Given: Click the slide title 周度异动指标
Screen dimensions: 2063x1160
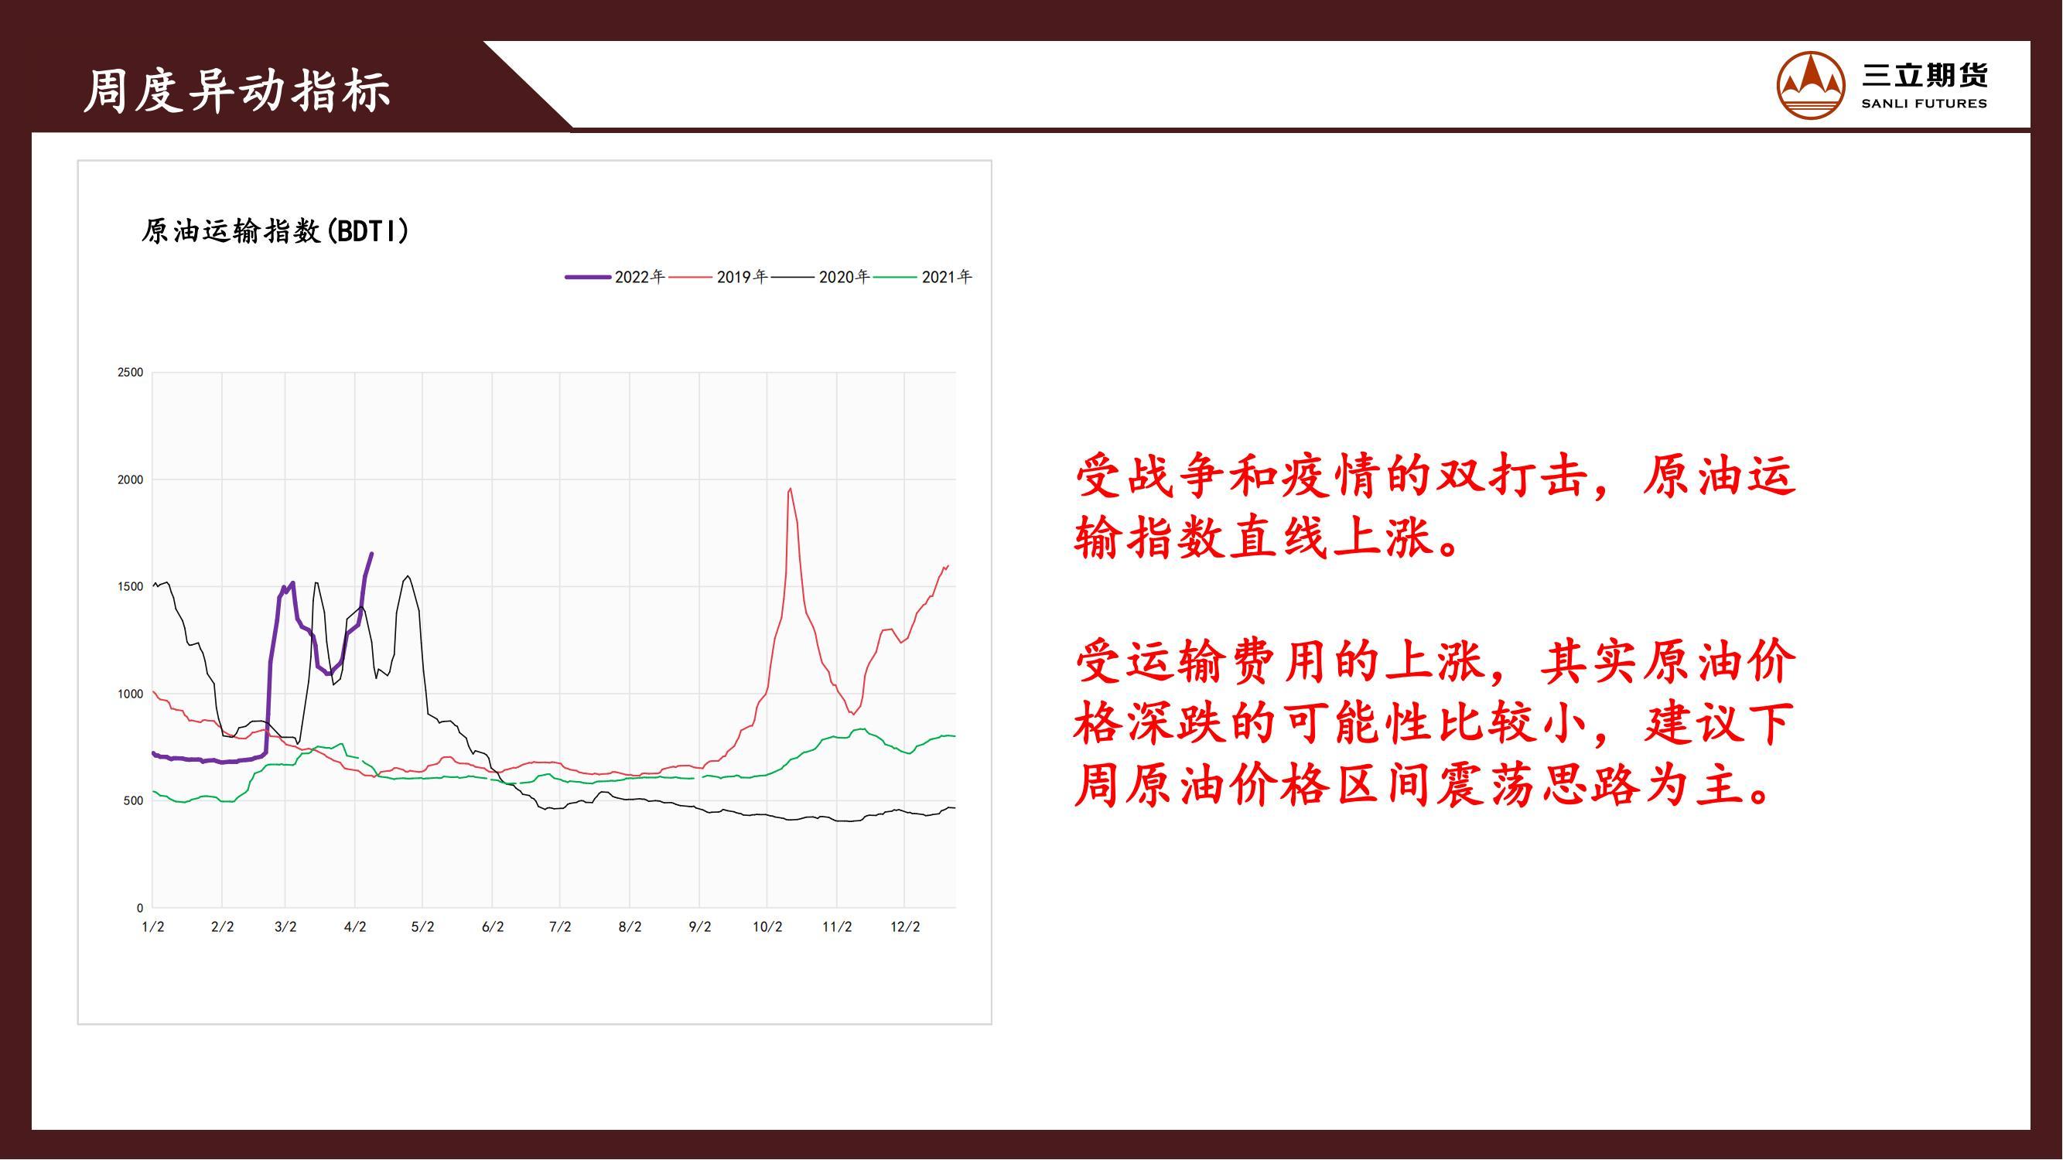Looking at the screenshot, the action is [x=237, y=90].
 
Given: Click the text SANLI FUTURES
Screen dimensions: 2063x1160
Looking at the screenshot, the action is [x=1925, y=104].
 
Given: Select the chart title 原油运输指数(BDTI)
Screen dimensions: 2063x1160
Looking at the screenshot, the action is [x=275, y=231].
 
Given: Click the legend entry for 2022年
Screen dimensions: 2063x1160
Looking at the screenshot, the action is [x=615, y=277].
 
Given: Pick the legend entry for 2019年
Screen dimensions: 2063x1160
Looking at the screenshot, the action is [x=718, y=277].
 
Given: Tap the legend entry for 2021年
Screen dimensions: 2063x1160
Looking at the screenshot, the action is [x=923, y=277].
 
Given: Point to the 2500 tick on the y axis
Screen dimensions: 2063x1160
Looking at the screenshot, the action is [x=131, y=372].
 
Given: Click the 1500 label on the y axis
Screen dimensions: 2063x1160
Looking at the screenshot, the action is [x=131, y=587].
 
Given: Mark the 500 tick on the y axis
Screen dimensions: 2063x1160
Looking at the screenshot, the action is [x=134, y=801].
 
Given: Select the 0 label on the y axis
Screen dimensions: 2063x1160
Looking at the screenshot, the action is [x=140, y=909].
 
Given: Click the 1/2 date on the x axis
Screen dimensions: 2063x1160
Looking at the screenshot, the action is [x=153, y=927].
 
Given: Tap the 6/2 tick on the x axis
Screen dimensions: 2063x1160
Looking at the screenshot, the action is [x=493, y=927].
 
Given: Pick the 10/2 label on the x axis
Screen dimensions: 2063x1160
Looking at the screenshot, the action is [x=767, y=927].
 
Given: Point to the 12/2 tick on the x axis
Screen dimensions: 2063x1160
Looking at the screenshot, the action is [x=905, y=927].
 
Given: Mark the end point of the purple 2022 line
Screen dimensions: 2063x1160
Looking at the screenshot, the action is [x=371, y=553].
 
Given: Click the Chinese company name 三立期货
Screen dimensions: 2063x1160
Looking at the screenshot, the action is [x=1925, y=75].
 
